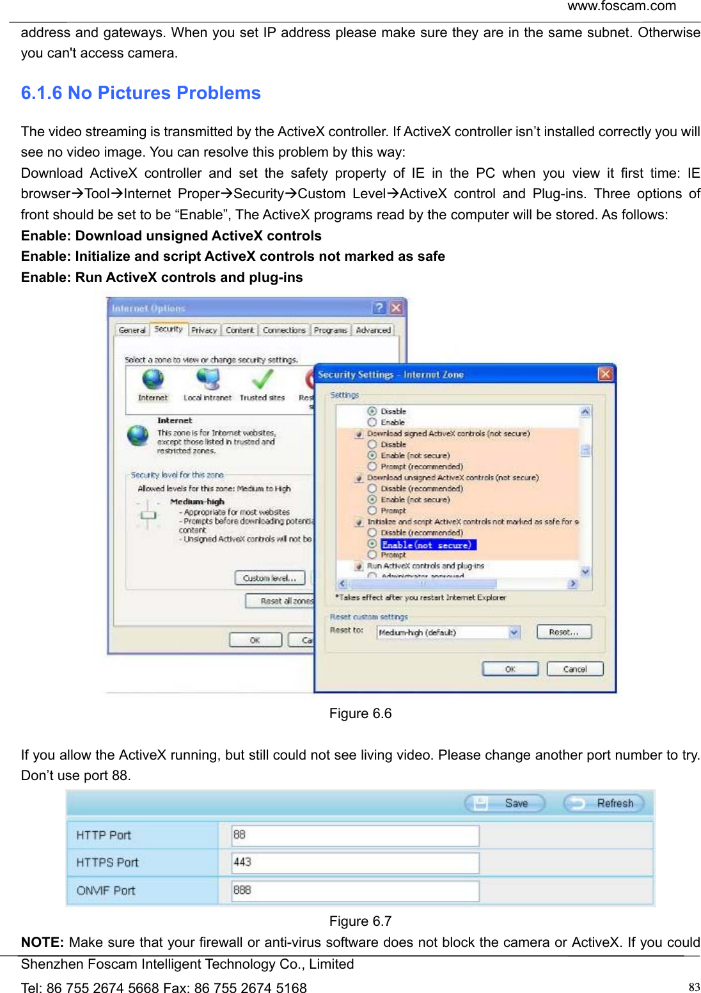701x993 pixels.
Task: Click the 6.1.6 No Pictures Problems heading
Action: click(x=141, y=93)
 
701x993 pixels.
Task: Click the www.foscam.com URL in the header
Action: click(x=621, y=6)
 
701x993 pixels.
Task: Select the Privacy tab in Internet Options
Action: click(x=204, y=331)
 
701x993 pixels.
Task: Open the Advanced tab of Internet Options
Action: click(x=373, y=331)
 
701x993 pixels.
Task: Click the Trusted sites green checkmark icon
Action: click(x=262, y=380)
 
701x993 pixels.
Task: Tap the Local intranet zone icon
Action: click(x=208, y=380)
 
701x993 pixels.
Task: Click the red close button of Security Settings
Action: click(x=604, y=374)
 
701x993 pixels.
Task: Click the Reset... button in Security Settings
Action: click(x=563, y=632)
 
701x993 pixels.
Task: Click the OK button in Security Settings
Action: click(x=510, y=669)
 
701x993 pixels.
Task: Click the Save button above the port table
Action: click(x=505, y=803)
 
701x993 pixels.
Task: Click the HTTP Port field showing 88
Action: click(x=356, y=835)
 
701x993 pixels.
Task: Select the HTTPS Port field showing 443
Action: click(x=356, y=863)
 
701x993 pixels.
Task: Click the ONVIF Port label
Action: click(x=106, y=891)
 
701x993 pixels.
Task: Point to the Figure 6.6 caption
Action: click(x=360, y=714)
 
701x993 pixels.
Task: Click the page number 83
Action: click(x=694, y=987)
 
